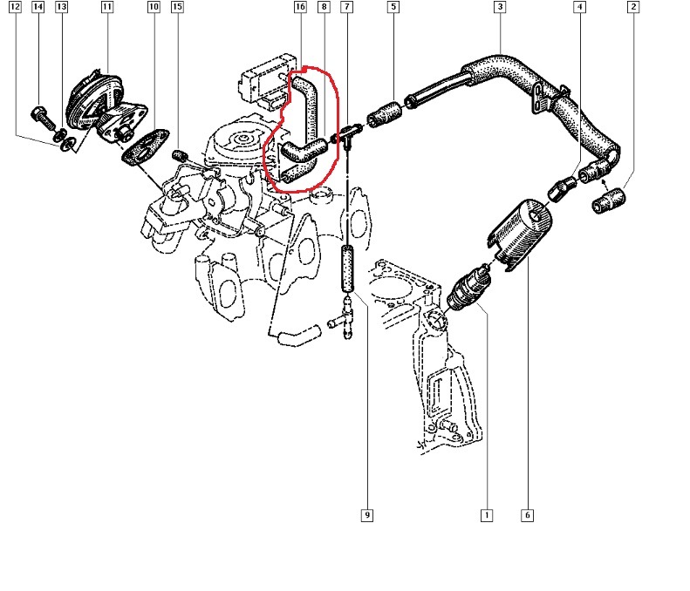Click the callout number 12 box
click(x=15, y=7)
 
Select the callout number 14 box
click(x=38, y=7)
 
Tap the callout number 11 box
click(x=107, y=7)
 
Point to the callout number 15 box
click(x=177, y=7)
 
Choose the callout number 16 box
click(x=300, y=7)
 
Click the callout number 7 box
click(x=347, y=7)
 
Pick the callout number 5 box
click(x=393, y=7)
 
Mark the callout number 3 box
click(x=500, y=7)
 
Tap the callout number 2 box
click(x=633, y=7)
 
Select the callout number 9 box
click(x=367, y=515)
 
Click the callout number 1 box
click(x=486, y=515)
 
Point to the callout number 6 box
click(x=527, y=515)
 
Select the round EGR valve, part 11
click(x=94, y=100)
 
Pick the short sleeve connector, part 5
click(x=384, y=114)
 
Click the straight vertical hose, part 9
click(x=348, y=268)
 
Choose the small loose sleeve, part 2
click(x=609, y=200)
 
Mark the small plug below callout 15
click(x=180, y=155)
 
